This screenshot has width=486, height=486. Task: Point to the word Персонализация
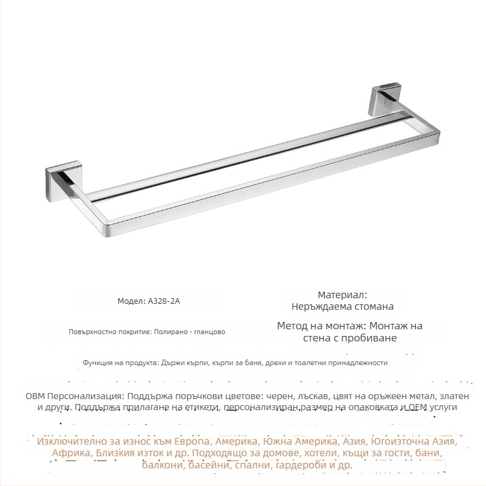[x=80, y=395]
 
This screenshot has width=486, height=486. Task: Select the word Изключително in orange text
[x=71, y=441]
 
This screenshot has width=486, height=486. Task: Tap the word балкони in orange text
[x=163, y=466]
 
